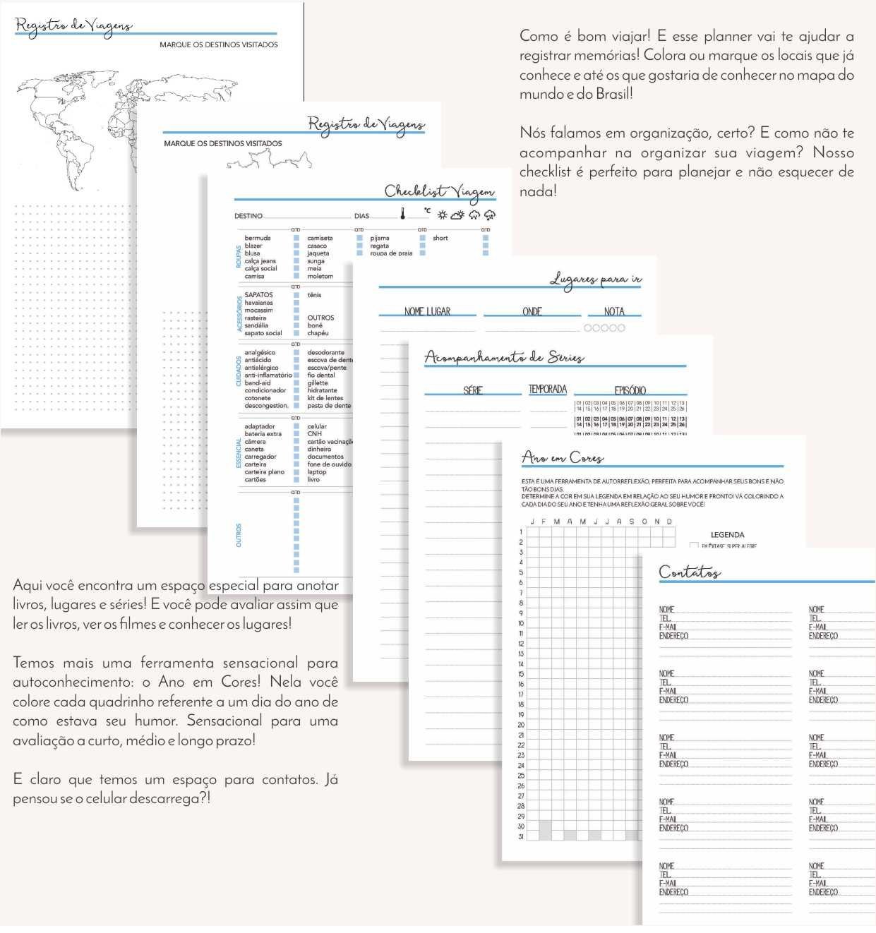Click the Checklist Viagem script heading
[439, 191]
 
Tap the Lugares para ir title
[596, 279]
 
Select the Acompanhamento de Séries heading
[504, 357]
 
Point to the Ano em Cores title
[563, 457]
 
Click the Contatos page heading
[690, 572]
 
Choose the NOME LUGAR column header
[427, 311]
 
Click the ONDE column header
[532, 311]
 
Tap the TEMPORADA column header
[548, 389]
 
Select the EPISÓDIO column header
[630, 390]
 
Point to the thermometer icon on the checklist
[403, 214]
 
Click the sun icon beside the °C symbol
[442, 215]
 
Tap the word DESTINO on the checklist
[248, 216]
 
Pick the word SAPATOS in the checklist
[258, 295]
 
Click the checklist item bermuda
[258, 238]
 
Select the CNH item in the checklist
[314, 434]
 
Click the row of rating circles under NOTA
[604, 327]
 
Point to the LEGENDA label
[727, 535]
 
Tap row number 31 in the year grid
[521, 836]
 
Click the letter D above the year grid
[669, 522]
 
